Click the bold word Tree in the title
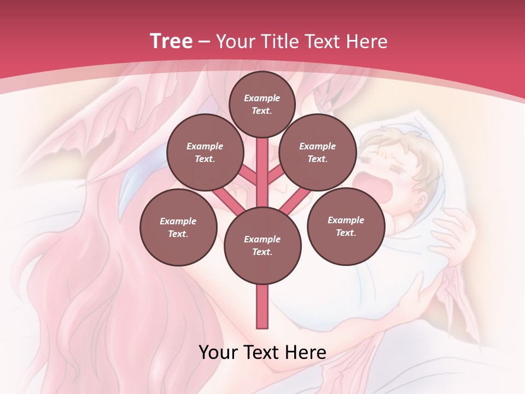pyautogui.click(x=171, y=41)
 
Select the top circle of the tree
pyautogui.click(x=262, y=104)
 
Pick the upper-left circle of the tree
pyautogui.click(x=205, y=152)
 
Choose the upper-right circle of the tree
pyautogui.click(x=318, y=152)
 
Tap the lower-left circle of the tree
pyautogui.click(x=178, y=227)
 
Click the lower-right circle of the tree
pyautogui.click(x=346, y=226)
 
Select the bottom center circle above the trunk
pyautogui.click(x=262, y=245)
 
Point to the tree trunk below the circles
pyautogui.click(x=262, y=306)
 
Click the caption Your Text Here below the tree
pyautogui.click(x=262, y=352)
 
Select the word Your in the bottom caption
pyautogui.click(x=218, y=352)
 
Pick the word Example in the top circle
pyautogui.click(x=262, y=98)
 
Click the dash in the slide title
pyautogui.click(x=205, y=42)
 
